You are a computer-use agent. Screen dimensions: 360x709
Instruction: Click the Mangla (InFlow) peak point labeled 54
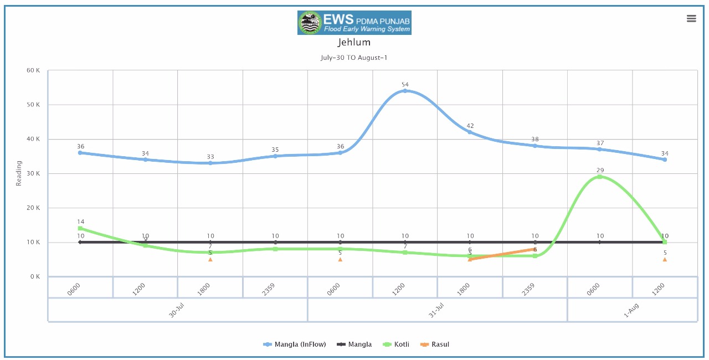[x=405, y=91]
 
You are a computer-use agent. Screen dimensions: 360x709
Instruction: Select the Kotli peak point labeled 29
[x=600, y=177]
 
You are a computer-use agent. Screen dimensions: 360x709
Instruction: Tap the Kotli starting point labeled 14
[x=80, y=228]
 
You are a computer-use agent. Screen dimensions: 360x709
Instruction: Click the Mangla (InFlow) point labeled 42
[x=470, y=132]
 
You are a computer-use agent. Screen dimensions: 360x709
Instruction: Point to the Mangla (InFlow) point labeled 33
[x=210, y=163]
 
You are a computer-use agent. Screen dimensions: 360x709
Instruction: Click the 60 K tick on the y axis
[x=33, y=70]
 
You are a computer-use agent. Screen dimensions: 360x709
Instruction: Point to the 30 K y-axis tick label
[x=33, y=173]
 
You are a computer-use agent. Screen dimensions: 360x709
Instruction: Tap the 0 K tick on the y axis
[x=35, y=276]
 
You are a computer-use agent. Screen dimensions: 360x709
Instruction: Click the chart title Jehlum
[x=354, y=42]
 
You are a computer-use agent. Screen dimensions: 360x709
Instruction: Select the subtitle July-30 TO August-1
[x=354, y=58]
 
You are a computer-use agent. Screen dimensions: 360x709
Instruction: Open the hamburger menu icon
[x=691, y=18]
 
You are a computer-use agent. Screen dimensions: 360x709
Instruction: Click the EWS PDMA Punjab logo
[x=354, y=23]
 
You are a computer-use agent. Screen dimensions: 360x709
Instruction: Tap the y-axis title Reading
[x=19, y=173]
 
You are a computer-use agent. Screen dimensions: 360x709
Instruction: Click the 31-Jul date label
[x=436, y=310]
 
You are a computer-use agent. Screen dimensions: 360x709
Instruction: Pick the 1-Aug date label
[x=631, y=310]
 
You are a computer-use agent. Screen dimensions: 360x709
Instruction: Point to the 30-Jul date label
[x=177, y=310]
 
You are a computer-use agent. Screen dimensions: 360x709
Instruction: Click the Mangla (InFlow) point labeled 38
[x=535, y=146]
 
